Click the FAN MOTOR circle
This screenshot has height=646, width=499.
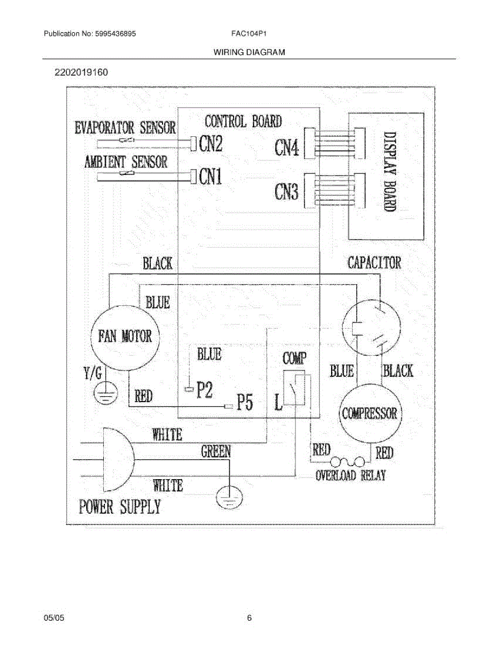(x=125, y=337)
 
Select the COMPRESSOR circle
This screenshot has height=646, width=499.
(x=369, y=413)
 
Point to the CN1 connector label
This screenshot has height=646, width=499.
(x=210, y=177)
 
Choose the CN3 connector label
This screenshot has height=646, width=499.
(x=286, y=191)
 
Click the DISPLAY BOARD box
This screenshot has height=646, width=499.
(x=386, y=176)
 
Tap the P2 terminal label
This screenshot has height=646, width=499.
(x=204, y=390)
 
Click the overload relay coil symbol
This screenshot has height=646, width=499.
(x=348, y=461)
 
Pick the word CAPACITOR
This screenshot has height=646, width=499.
(x=374, y=263)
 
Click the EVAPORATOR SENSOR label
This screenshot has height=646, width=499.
(x=125, y=128)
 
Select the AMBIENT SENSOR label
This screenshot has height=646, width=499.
(x=125, y=161)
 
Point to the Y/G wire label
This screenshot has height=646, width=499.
(x=94, y=370)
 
